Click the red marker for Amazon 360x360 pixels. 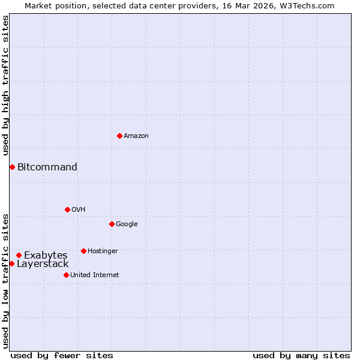[x=119, y=136]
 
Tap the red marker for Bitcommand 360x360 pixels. [x=12, y=167]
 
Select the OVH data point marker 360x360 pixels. [x=67, y=209]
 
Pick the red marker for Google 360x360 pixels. [x=112, y=224]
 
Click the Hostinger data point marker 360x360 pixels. [x=83, y=251]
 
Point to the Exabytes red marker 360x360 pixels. [x=19, y=255]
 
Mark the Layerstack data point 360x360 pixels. [x=11, y=263]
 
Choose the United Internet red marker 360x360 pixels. [x=66, y=275]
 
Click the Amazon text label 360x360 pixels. [x=136, y=136]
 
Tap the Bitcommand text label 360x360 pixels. [x=47, y=167]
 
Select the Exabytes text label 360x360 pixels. [x=46, y=255]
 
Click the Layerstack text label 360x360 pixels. [x=43, y=264]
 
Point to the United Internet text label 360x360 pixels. [x=94, y=275]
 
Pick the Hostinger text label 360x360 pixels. [x=103, y=251]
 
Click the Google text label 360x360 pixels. [x=127, y=224]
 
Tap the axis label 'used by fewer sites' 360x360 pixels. [x=62, y=355]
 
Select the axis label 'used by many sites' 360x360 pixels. [x=301, y=355]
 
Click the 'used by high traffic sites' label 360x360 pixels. [x=5, y=86]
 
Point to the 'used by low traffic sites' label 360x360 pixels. [x=5, y=280]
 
